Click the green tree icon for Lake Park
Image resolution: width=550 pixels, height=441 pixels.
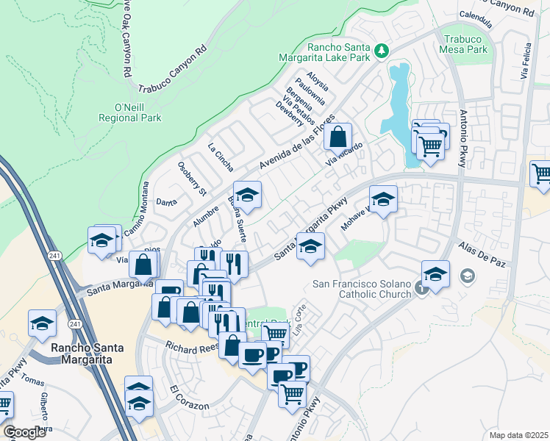[381, 51]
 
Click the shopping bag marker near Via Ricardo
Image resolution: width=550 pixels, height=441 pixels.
[337, 137]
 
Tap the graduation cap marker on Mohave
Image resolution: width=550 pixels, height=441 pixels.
[383, 199]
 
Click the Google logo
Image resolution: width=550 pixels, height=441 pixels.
[25, 432]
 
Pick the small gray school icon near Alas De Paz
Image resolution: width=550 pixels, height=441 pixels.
[466, 276]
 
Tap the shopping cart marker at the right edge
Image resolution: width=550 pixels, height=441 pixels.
[541, 173]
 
